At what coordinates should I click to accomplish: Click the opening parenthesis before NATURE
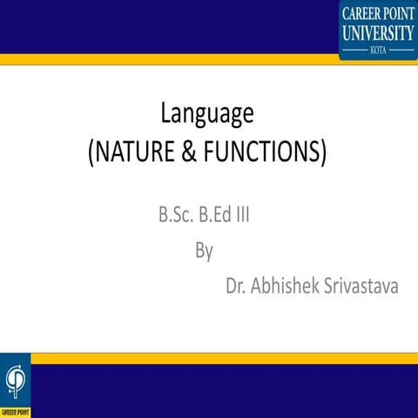coord(91,154)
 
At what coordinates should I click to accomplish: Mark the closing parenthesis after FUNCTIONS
coord(323,154)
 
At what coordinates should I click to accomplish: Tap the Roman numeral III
coord(245,214)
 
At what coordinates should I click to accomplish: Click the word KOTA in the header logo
coord(378,50)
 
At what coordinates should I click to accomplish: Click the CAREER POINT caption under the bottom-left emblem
coord(15,410)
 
